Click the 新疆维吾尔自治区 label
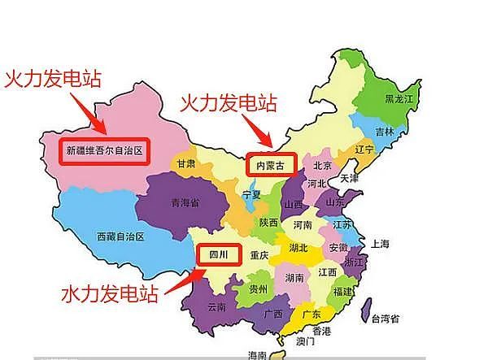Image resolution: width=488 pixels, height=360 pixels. (x=104, y=151)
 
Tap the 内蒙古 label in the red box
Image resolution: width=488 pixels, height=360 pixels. (x=271, y=164)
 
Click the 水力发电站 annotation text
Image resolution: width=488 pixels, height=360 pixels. (x=120, y=294)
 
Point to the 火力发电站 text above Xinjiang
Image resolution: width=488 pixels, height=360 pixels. (x=53, y=80)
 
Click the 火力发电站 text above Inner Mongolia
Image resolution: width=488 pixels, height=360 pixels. (x=229, y=103)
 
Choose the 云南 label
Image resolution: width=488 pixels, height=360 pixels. (x=217, y=307)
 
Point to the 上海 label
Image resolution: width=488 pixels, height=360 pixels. (x=379, y=244)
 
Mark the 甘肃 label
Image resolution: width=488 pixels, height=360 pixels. (x=185, y=164)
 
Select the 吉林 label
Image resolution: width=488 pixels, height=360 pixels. (x=384, y=132)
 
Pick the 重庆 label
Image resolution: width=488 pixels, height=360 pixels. (x=259, y=255)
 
